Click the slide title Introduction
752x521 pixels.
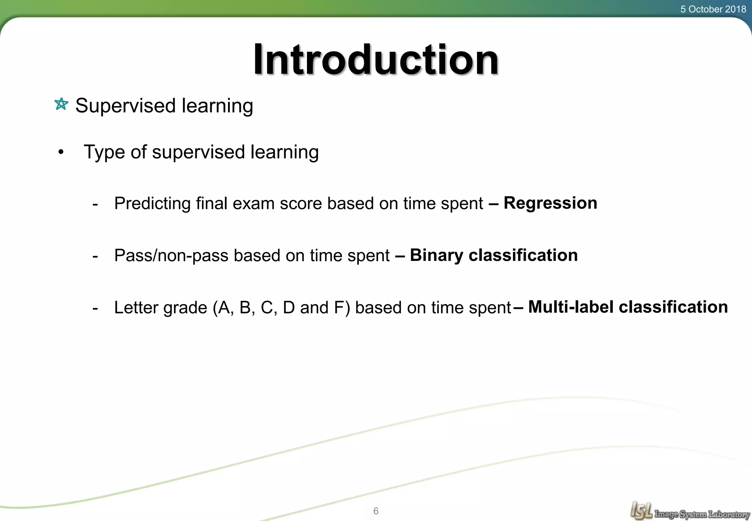point(376,60)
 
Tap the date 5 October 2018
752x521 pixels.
point(713,9)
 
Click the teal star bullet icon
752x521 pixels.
point(61,104)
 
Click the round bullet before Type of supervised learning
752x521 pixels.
point(61,152)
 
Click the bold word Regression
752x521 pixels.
point(550,203)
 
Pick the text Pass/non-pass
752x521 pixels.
point(171,256)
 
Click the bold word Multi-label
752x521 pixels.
point(571,307)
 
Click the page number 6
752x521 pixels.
point(376,511)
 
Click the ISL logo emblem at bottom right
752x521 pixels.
point(641,510)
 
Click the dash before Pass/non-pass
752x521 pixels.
point(95,256)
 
